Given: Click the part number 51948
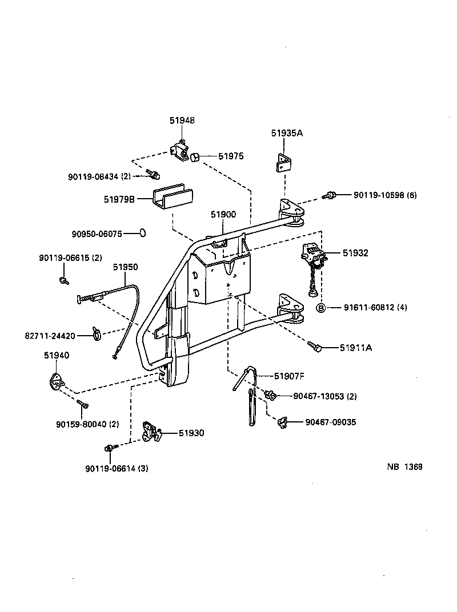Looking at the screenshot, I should [x=182, y=120].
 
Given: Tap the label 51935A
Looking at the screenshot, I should [x=286, y=133].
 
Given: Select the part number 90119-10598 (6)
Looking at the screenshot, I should [x=384, y=195].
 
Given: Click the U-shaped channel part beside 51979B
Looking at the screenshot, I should [x=172, y=198].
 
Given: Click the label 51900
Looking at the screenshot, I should [x=223, y=214].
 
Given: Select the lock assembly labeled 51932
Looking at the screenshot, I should [x=313, y=257].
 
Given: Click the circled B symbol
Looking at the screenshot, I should [x=321, y=308].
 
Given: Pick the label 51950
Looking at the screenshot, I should [x=125, y=267].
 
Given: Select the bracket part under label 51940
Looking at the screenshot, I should [x=57, y=380].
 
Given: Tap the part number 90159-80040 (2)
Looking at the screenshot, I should [x=87, y=424].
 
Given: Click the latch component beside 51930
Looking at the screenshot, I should [x=151, y=432].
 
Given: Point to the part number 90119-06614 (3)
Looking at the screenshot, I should [x=117, y=469].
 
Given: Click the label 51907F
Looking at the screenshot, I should [x=289, y=376].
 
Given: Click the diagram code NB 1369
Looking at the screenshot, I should [x=404, y=466].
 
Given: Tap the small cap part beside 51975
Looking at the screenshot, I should [x=195, y=156].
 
